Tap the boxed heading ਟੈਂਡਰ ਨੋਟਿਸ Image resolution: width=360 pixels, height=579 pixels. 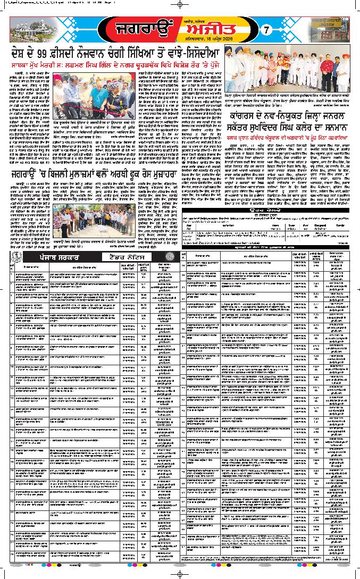(x=127, y=256)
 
